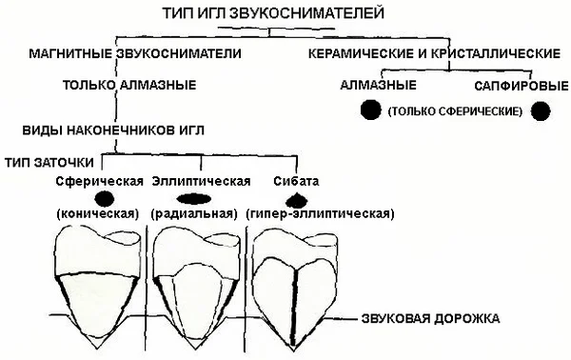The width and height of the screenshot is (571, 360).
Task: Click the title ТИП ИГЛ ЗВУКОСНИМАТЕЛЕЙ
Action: click(x=273, y=13)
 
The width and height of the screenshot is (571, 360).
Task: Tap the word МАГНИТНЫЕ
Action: click(x=70, y=53)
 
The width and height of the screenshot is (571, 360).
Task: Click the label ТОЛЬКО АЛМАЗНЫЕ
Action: click(x=129, y=85)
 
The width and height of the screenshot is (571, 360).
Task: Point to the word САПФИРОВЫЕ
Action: click(x=522, y=86)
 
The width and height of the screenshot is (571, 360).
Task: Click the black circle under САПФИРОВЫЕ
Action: click(x=541, y=111)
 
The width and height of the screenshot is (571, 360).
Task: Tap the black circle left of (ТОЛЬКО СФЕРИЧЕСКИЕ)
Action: click(x=371, y=110)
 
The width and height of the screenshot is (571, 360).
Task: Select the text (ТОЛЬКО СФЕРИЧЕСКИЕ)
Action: click(x=455, y=111)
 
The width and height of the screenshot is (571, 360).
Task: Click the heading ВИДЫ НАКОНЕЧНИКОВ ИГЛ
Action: click(x=113, y=130)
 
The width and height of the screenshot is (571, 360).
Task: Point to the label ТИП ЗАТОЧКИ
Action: click(x=49, y=162)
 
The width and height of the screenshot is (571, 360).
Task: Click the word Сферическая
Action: click(x=99, y=181)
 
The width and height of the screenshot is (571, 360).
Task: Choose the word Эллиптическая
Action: click(x=202, y=181)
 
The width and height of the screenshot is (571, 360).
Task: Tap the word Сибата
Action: click(x=296, y=181)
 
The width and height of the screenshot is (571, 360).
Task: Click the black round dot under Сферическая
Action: click(x=104, y=199)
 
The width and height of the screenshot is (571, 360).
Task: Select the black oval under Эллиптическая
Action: click(x=194, y=199)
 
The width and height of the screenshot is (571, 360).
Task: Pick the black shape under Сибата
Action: click(x=296, y=200)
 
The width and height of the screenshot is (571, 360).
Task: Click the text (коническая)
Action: click(x=98, y=213)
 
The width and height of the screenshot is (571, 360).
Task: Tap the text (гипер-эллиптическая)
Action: click(x=320, y=213)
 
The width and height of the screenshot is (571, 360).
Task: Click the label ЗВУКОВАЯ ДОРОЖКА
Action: click(x=431, y=318)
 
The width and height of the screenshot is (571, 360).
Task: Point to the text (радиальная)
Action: click(x=194, y=213)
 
